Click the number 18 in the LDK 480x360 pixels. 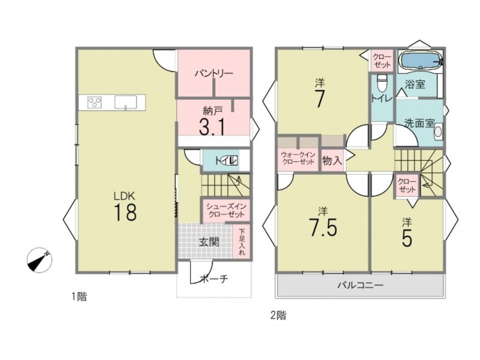[x=125, y=212]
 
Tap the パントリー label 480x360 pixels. [x=214, y=73]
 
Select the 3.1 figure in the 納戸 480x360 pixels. [x=212, y=127]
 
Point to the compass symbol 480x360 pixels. [x=40, y=260]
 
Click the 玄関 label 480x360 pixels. [x=209, y=242]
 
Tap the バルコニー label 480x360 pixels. [x=361, y=286]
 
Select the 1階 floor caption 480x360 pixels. [x=79, y=296]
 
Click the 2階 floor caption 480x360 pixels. [x=278, y=315]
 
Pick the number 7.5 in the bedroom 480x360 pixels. [x=323, y=228]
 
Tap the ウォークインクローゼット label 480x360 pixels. [x=298, y=158]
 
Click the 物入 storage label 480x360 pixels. [x=332, y=160]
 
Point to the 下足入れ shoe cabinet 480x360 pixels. [x=242, y=242]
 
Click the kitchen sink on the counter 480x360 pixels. [x=126, y=102]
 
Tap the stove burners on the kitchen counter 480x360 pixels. [x=95, y=102]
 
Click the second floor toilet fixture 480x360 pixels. [x=382, y=83]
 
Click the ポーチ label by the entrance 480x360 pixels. [x=214, y=278]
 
